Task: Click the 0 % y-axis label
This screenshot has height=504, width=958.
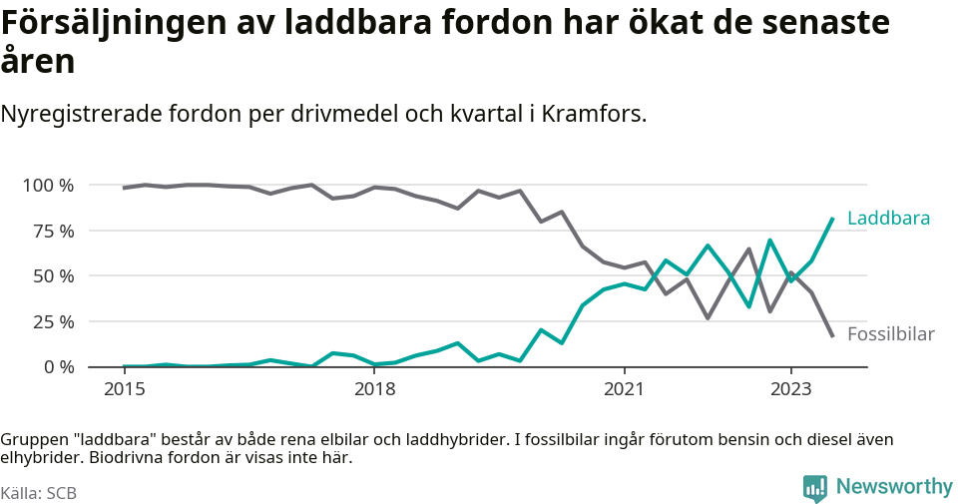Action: coord(58,367)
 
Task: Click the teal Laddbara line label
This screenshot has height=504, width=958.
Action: coord(888,219)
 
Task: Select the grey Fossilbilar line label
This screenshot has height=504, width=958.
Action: coord(890,334)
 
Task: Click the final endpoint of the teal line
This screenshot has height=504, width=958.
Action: coord(832,219)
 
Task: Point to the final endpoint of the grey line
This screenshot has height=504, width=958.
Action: coord(832,335)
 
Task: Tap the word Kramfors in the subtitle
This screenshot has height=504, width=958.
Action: coord(592,114)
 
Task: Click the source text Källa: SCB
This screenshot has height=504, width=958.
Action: coord(39,493)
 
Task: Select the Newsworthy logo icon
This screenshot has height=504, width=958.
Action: coord(815,488)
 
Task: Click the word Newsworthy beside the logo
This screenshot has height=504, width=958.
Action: coord(894,487)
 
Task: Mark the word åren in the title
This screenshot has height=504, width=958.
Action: coord(38,62)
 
